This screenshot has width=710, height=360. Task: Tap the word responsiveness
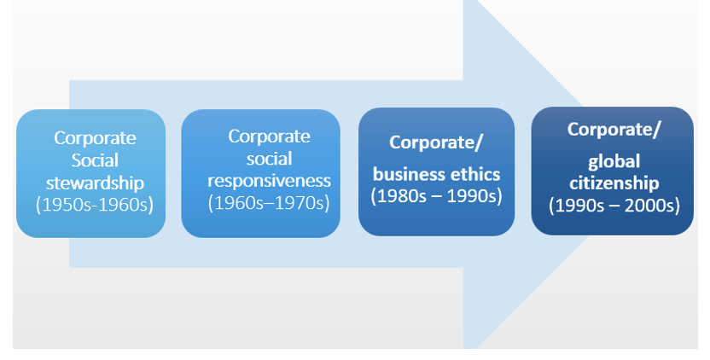point(269,181)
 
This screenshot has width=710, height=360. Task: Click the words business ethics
point(436,174)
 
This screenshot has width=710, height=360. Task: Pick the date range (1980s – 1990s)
point(436,195)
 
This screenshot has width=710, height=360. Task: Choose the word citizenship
point(612,183)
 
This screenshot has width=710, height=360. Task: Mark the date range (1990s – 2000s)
point(612,205)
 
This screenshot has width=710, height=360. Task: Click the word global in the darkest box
point(614,160)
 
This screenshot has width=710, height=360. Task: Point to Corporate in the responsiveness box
point(269,136)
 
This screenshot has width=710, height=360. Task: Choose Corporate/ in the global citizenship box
point(614,130)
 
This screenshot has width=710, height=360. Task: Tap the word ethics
point(474,174)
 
